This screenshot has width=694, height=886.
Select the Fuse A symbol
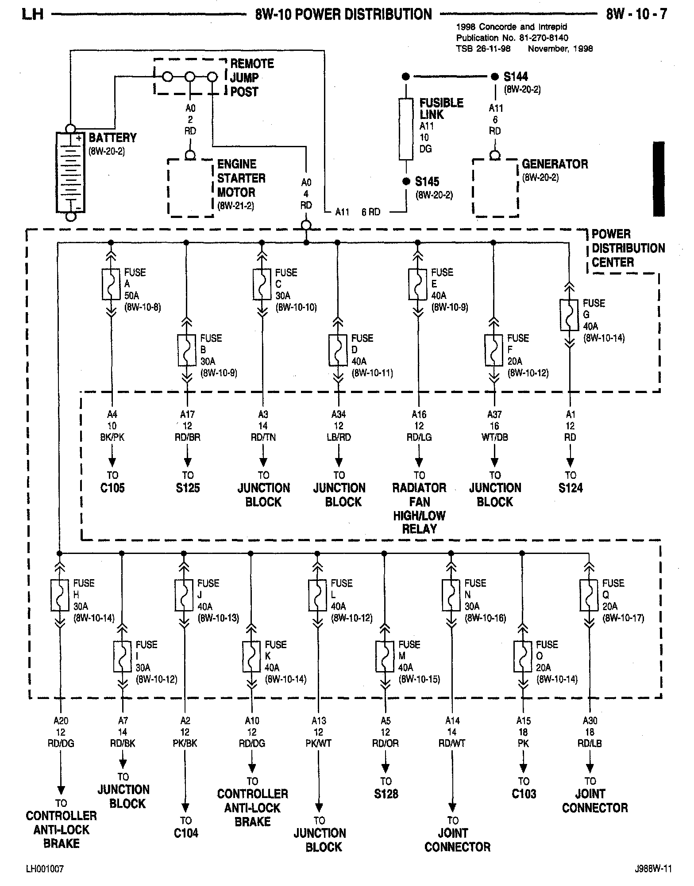click(111, 284)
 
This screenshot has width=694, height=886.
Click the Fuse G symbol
click(569, 315)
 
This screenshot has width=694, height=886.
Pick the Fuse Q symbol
click(589, 595)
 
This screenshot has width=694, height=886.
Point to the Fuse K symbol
click(251, 656)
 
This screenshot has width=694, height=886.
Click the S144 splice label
click(516, 76)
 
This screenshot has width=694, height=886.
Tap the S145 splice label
click(427, 182)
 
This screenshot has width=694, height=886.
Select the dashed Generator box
click(495, 188)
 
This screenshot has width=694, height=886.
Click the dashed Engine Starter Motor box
click(191, 188)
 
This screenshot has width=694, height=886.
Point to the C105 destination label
click(112, 488)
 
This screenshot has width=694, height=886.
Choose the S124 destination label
click(571, 488)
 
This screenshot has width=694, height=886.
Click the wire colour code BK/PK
click(112, 437)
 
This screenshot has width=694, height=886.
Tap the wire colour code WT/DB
click(495, 437)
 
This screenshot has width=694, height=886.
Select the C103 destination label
click(524, 794)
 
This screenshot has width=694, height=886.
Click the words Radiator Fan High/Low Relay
click(419, 508)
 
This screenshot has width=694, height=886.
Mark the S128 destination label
click(386, 794)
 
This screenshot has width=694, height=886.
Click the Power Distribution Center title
click(628, 248)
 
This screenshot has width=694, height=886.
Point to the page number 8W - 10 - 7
click(636, 14)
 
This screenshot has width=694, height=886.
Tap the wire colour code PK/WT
click(318, 744)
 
